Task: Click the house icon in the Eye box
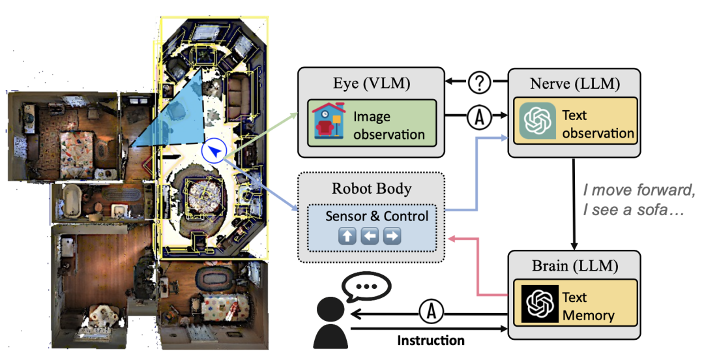pyautogui.click(x=329, y=122)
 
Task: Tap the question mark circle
pyautogui.click(x=478, y=83)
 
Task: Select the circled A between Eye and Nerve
pyautogui.click(x=478, y=119)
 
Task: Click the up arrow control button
pyautogui.click(x=348, y=236)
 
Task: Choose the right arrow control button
pyautogui.click(x=392, y=236)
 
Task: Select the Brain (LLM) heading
pyautogui.click(x=574, y=266)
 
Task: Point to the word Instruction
pyautogui.click(x=431, y=340)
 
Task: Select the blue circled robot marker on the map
pyautogui.click(x=214, y=152)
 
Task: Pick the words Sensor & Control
pyautogui.click(x=377, y=216)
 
